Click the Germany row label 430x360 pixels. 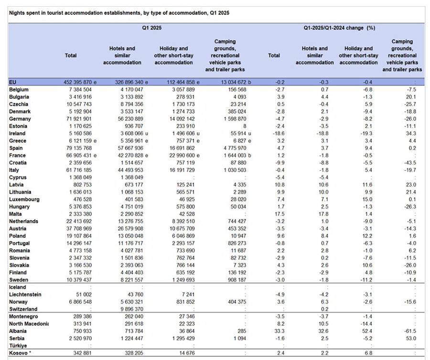coord(20,119)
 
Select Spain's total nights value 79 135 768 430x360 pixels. coord(79,148)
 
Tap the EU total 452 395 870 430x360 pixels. coord(78,82)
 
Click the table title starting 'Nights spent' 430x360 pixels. coord(119,13)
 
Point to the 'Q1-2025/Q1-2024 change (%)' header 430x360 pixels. coord(339,28)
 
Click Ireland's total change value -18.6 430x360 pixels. coord(279,134)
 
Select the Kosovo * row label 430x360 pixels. coord(20,353)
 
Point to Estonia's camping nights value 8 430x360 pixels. coord(245,126)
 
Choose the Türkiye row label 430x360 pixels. coord(18,346)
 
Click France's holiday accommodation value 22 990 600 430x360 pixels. coord(182,155)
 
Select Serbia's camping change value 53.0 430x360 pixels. coord(411,338)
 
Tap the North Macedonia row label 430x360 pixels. coord(29,324)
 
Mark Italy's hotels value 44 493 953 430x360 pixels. coord(130,170)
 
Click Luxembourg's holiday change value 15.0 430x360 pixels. coord(367,199)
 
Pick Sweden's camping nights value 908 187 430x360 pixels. coord(237,280)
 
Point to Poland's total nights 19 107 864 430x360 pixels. coord(79,236)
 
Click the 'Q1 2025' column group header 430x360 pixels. coord(151,28)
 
